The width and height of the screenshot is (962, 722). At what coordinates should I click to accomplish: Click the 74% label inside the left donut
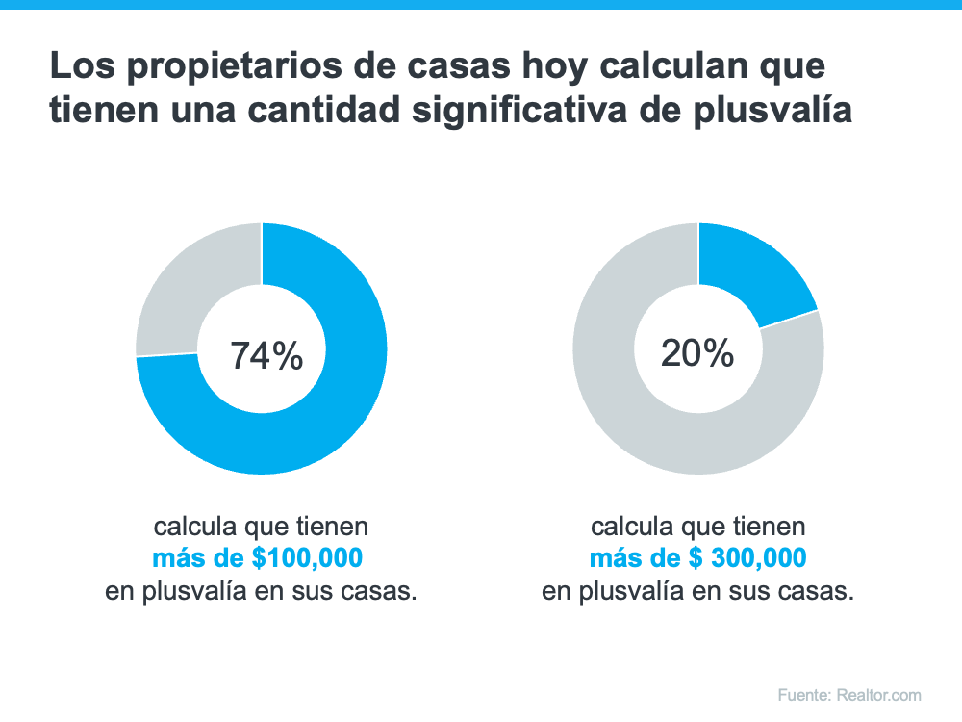[266, 356]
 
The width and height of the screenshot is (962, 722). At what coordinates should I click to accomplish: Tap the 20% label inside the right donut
[697, 354]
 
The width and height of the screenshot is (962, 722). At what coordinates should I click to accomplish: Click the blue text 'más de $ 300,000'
[697, 558]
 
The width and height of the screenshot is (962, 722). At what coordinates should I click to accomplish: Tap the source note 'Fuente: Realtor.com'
[849, 695]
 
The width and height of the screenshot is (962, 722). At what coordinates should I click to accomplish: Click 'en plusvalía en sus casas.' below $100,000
[261, 591]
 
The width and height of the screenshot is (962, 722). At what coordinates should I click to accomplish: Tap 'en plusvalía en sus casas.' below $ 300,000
[697, 591]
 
